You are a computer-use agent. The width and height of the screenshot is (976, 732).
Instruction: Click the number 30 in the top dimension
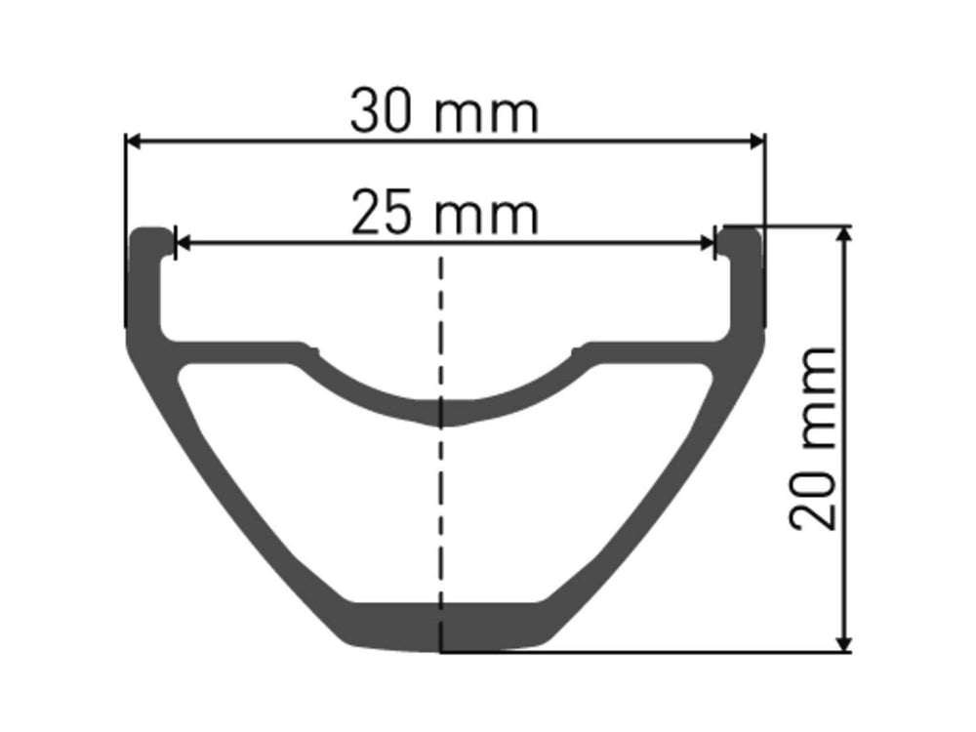tap(381, 111)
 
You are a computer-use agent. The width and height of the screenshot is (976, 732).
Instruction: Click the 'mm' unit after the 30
tap(485, 116)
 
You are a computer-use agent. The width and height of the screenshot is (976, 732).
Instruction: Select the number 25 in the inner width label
tap(382, 214)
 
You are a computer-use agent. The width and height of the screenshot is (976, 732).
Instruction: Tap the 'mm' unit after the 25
tap(486, 219)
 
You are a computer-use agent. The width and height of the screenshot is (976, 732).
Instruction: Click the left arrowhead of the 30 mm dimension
tap(135, 142)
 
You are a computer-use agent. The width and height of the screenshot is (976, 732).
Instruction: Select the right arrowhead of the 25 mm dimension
tap(706, 243)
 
